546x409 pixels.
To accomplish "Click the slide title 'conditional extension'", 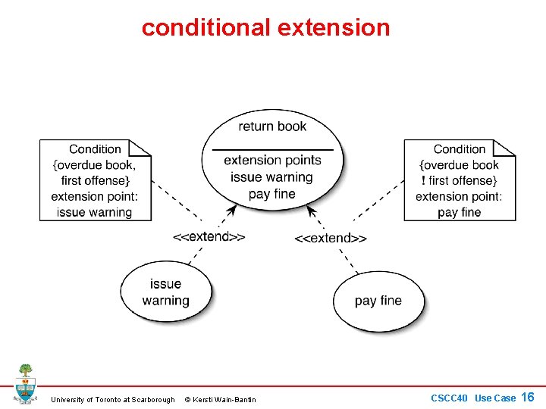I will coord(265,28).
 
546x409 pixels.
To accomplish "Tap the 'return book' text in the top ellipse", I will coord(272,126).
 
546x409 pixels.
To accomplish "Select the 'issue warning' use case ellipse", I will coord(165,292).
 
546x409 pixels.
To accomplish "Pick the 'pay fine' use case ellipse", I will coord(378,301).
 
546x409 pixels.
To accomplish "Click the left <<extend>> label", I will coord(209,236).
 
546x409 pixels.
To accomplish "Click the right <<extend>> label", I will coord(331,238).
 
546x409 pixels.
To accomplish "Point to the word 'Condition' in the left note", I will coord(95,149).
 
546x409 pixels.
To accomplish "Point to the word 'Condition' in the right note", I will coord(459,149).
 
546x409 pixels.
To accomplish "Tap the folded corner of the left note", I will coord(141,147).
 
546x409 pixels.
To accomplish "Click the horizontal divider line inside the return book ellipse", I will coord(272,149).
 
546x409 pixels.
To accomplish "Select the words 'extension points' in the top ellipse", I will coord(272,160).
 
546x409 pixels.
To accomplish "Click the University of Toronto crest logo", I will coord(25,383).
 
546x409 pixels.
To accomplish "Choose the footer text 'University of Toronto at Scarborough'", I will coord(112,399).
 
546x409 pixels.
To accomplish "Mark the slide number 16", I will coord(528,397).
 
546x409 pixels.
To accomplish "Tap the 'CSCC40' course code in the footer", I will coord(449,398).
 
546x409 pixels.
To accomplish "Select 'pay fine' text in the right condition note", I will coord(459,212).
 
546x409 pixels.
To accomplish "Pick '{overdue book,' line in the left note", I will coord(95,165).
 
